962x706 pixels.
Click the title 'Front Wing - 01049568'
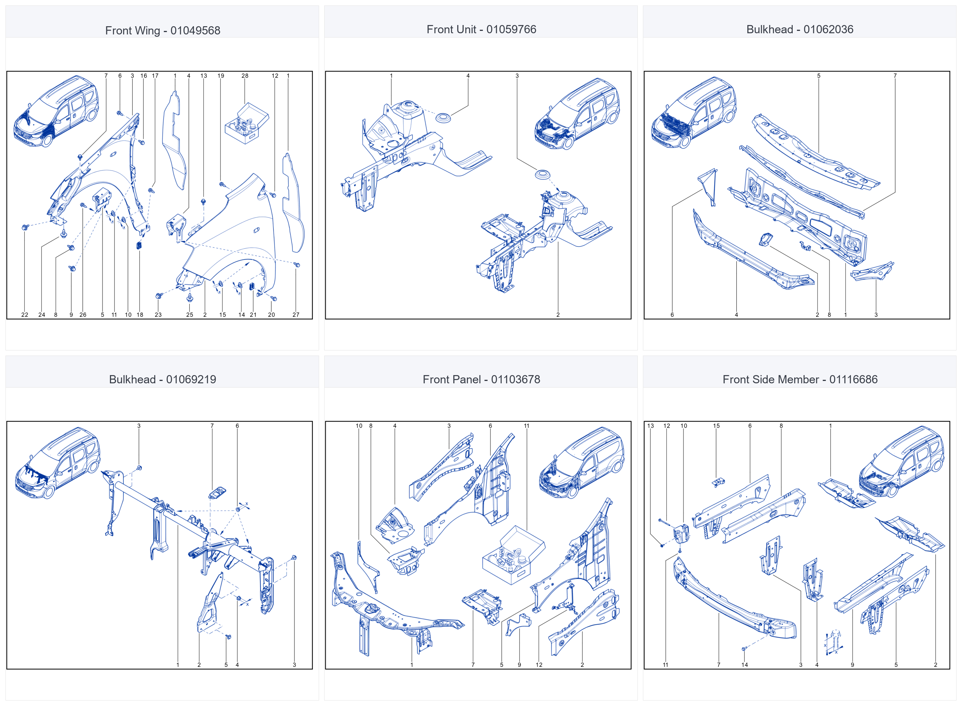click(x=163, y=31)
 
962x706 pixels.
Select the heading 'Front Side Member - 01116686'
click(x=800, y=379)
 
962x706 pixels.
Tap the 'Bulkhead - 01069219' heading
click(x=163, y=379)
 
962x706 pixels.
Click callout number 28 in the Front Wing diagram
click(x=245, y=75)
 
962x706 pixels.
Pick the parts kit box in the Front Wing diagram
click(x=247, y=123)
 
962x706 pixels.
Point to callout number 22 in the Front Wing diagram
click(x=25, y=314)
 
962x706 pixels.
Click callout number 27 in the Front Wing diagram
click(x=296, y=314)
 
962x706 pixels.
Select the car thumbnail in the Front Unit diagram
click(x=577, y=114)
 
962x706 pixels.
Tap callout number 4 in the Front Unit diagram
click(x=468, y=75)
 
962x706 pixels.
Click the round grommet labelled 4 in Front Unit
click(x=443, y=117)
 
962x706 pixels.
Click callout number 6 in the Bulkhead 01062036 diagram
click(x=672, y=314)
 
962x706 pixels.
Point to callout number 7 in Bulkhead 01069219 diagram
click(x=212, y=426)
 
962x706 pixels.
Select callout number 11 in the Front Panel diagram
click(x=527, y=426)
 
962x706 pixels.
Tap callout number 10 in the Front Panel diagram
click(x=359, y=426)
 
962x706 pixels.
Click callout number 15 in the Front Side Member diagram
click(x=716, y=426)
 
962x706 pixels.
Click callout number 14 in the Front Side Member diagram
click(x=745, y=665)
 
